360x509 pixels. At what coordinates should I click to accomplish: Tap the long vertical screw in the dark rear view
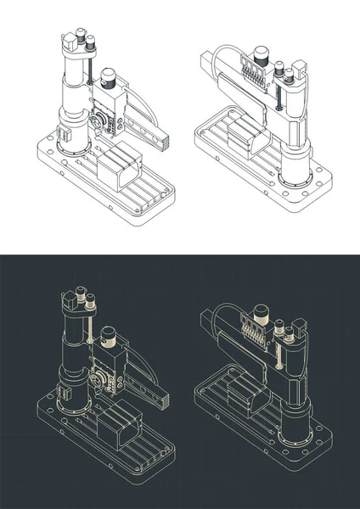click(x=278, y=348)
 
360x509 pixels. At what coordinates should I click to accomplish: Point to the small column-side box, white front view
click(x=63, y=134)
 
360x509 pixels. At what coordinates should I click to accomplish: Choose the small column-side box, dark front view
click(x=63, y=392)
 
